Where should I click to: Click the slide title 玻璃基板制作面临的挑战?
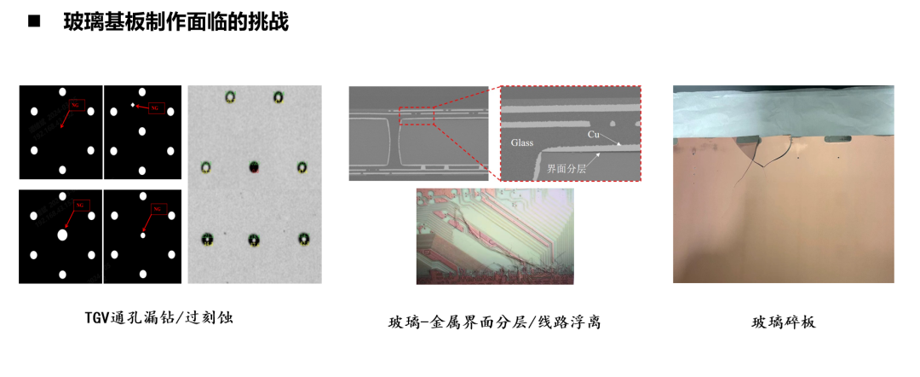pyautogui.click(x=175, y=23)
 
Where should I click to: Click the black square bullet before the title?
pyautogui.click(x=34, y=22)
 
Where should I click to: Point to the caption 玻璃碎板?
pyautogui.click(x=783, y=322)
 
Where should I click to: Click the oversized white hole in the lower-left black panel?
pyautogui.click(x=61, y=235)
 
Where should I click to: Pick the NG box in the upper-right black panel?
pyautogui.click(x=155, y=108)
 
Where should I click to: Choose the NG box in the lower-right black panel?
pyautogui.click(x=157, y=209)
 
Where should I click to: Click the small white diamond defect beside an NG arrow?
pyautogui.click(x=132, y=106)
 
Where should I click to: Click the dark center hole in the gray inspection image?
pyautogui.click(x=254, y=165)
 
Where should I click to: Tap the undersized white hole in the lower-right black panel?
pyautogui.click(x=143, y=235)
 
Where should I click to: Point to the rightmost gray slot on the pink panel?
pyautogui.click(x=839, y=138)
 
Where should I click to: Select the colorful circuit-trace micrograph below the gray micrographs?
pyautogui.click(x=494, y=236)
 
